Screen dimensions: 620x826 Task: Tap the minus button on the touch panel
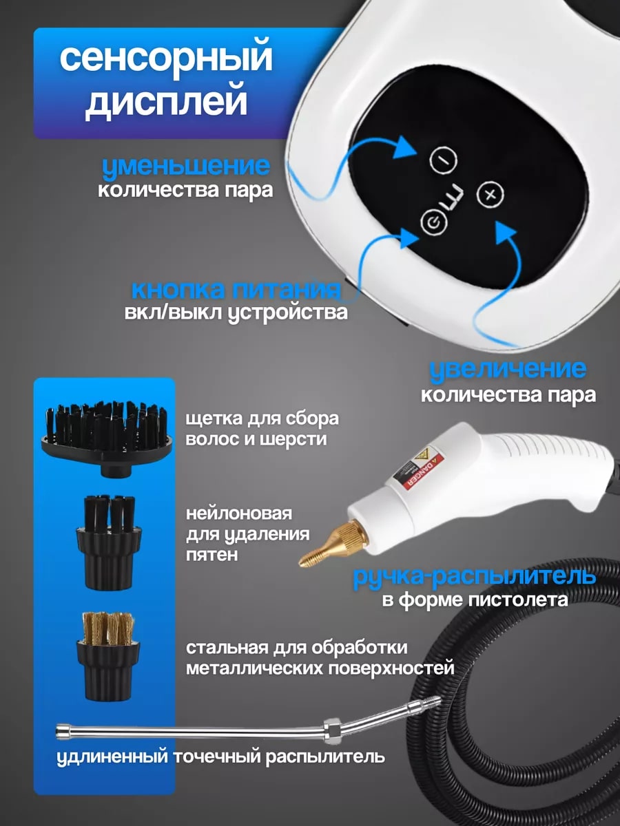coord(443,160)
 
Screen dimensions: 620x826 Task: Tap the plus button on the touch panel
coord(490,195)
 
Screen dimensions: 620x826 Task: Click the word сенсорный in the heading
coord(166,59)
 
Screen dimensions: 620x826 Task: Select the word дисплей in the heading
coord(166,102)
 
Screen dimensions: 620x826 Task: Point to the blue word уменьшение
coord(186,167)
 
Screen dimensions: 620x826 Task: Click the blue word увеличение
coord(508,370)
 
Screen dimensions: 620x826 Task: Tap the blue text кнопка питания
coord(236,290)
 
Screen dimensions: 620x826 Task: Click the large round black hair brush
coord(107,437)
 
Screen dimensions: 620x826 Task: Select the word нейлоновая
coord(238,513)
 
